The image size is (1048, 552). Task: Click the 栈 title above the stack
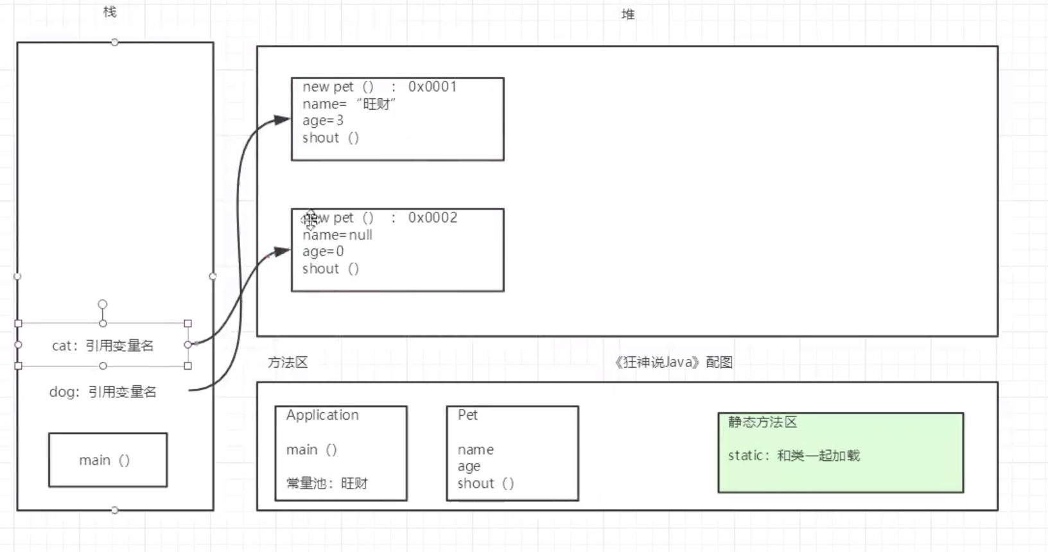pyautogui.click(x=110, y=12)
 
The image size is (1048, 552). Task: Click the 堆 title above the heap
pyautogui.click(x=627, y=14)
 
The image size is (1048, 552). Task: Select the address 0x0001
pyautogui.click(x=432, y=87)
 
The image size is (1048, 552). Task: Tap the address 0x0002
pyautogui.click(x=433, y=218)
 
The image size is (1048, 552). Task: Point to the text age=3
pyautogui.click(x=323, y=121)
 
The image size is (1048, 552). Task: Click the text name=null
pyautogui.click(x=337, y=235)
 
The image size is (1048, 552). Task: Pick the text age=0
pyautogui.click(x=323, y=252)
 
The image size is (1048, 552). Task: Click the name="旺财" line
pyautogui.click(x=349, y=104)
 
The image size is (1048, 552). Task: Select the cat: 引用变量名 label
pyautogui.click(x=103, y=345)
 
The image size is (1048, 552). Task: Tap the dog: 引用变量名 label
pyautogui.click(x=103, y=392)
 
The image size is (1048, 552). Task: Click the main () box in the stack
pyautogui.click(x=107, y=460)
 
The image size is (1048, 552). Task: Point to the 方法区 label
pyautogui.click(x=288, y=363)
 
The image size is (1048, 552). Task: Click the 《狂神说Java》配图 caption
pyautogui.click(x=673, y=362)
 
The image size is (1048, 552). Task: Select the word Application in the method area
pyautogui.click(x=322, y=415)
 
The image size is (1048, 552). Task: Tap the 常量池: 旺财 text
pyautogui.click(x=327, y=483)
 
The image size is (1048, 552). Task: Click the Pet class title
pyautogui.click(x=467, y=415)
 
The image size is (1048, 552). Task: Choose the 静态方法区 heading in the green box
pyautogui.click(x=762, y=422)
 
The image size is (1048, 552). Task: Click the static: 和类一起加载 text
pyautogui.click(x=794, y=456)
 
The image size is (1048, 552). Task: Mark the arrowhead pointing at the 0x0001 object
pyautogui.click(x=283, y=120)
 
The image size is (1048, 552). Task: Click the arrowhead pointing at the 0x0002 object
pyautogui.click(x=283, y=252)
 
